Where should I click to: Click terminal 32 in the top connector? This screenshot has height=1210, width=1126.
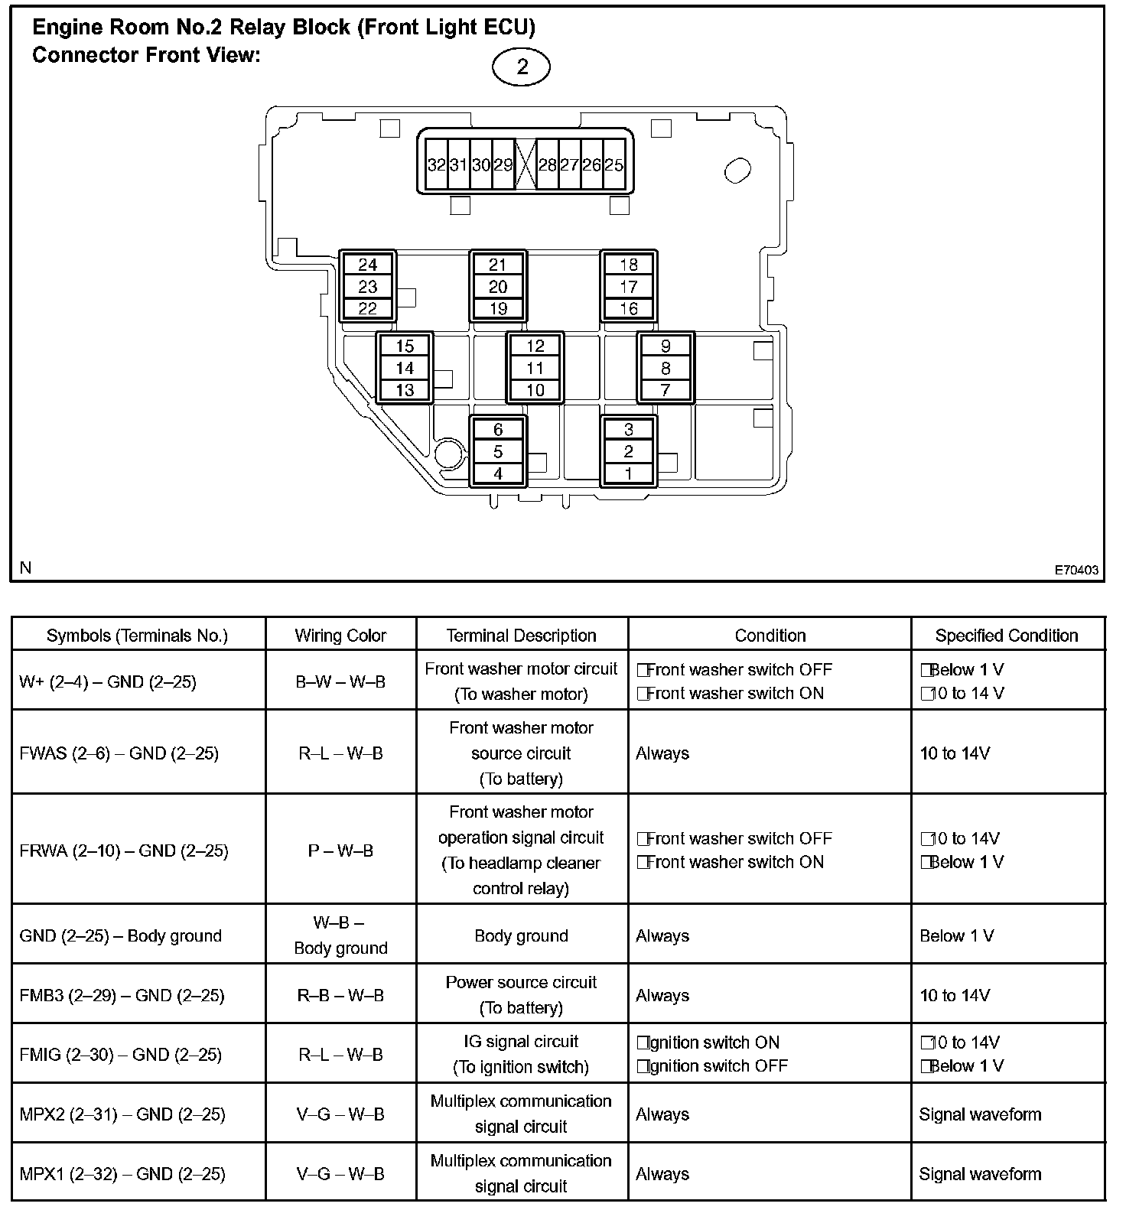(x=437, y=164)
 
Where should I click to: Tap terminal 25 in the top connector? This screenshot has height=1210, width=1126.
(x=613, y=164)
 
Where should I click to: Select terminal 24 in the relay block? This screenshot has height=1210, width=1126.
(x=368, y=265)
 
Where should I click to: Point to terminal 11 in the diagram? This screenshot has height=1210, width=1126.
(x=535, y=368)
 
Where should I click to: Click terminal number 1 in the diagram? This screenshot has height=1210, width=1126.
(x=629, y=473)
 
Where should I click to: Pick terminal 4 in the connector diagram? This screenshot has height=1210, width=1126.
(x=498, y=473)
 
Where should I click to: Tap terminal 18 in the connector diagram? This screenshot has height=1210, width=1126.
(x=629, y=265)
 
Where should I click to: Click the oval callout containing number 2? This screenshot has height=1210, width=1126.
(x=522, y=67)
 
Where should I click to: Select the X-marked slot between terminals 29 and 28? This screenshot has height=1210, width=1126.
(x=525, y=164)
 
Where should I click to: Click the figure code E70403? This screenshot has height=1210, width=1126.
(x=1076, y=570)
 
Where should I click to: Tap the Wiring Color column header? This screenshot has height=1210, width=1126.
(x=340, y=636)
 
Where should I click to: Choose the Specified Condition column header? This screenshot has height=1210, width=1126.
(x=1007, y=636)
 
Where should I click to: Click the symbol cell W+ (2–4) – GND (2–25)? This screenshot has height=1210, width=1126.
(x=108, y=681)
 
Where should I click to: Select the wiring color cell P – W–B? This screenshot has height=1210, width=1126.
(x=340, y=851)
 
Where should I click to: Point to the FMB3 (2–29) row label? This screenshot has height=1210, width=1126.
(x=122, y=995)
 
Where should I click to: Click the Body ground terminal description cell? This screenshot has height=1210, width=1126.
(x=521, y=936)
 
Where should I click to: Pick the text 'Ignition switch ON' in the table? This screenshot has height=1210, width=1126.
(x=713, y=1042)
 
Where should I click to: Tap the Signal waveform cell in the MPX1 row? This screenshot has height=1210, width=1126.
(x=980, y=1174)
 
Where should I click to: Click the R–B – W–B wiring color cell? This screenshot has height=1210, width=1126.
(x=340, y=995)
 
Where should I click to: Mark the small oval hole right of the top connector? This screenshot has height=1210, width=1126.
(x=737, y=170)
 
